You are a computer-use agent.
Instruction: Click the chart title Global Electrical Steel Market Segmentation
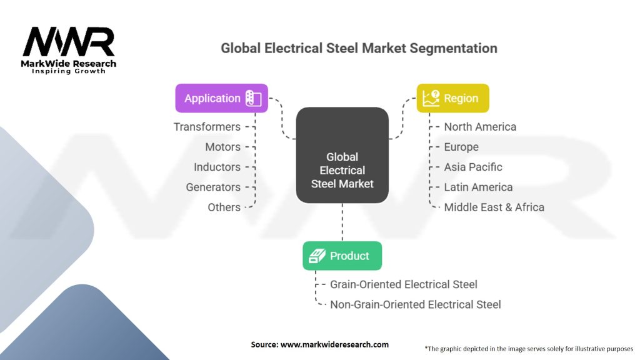(359, 48)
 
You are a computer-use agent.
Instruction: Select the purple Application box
(222, 98)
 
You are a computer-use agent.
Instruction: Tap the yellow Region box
(452, 98)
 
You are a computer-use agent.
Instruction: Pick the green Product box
(342, 256)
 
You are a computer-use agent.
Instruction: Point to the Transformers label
(207, 127)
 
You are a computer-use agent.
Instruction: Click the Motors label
(222, 147)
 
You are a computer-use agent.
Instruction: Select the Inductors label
(217, 167)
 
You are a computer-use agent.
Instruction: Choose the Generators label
(213, 187)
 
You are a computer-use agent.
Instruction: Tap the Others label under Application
(224, 207)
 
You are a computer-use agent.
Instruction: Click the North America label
(480, 127)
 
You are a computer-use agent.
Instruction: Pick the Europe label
(461, 147)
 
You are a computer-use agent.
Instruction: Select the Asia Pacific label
(473, 167)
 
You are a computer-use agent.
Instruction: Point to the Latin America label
(478, 187)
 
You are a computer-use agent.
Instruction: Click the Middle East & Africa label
(494, 207)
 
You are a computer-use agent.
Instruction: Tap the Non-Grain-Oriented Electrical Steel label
(416, 304)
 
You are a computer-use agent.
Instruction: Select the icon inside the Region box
(431, 98)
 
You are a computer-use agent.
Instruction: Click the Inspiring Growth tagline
(69, 71)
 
